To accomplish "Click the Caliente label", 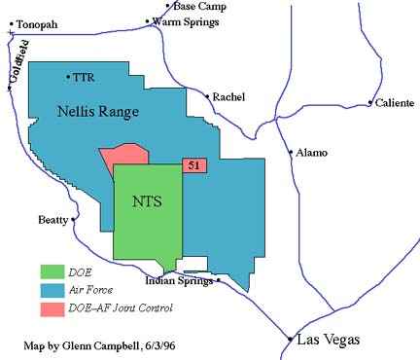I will pos(396,102).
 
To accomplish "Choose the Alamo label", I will pos(311,153).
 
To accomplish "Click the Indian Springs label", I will pos(179,281).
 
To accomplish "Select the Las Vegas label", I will pos(331,340).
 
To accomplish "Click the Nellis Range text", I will pos(99,112).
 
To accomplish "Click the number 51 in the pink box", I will pos(194,166).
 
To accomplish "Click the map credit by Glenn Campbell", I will pos(93,345).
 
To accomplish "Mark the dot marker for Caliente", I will pos(370,102).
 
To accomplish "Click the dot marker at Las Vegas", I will pos(290,340).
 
